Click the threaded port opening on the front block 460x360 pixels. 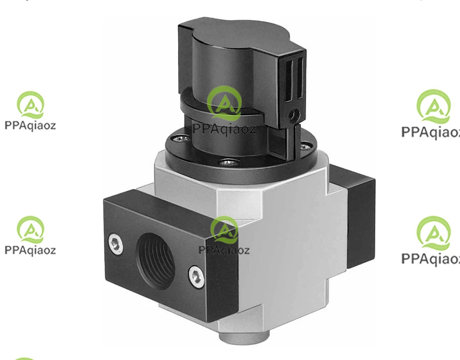click(156, 261)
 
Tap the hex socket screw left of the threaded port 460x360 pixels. click(116, 244)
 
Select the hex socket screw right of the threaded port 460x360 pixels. click(196, 277)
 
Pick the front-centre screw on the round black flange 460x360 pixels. click(227, 162)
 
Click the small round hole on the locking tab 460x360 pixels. click(294, 114)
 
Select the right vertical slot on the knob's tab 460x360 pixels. click(300, 78)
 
